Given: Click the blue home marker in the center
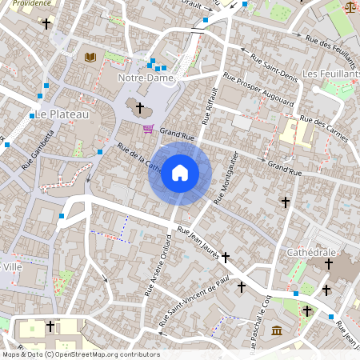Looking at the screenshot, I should [180, 173].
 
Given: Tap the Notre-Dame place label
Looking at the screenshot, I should [142, 78].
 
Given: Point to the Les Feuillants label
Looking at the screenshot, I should [331, 74].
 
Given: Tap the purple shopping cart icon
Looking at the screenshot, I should [148, 128].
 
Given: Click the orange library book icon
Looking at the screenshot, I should [90, 57].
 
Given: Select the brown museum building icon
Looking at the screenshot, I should [276, 331].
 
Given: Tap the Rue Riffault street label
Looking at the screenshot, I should [210, 105].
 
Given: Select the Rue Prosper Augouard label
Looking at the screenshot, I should [258, 92].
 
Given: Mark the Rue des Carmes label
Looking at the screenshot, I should [324, 129].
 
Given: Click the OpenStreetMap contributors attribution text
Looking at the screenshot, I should [80, 354].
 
